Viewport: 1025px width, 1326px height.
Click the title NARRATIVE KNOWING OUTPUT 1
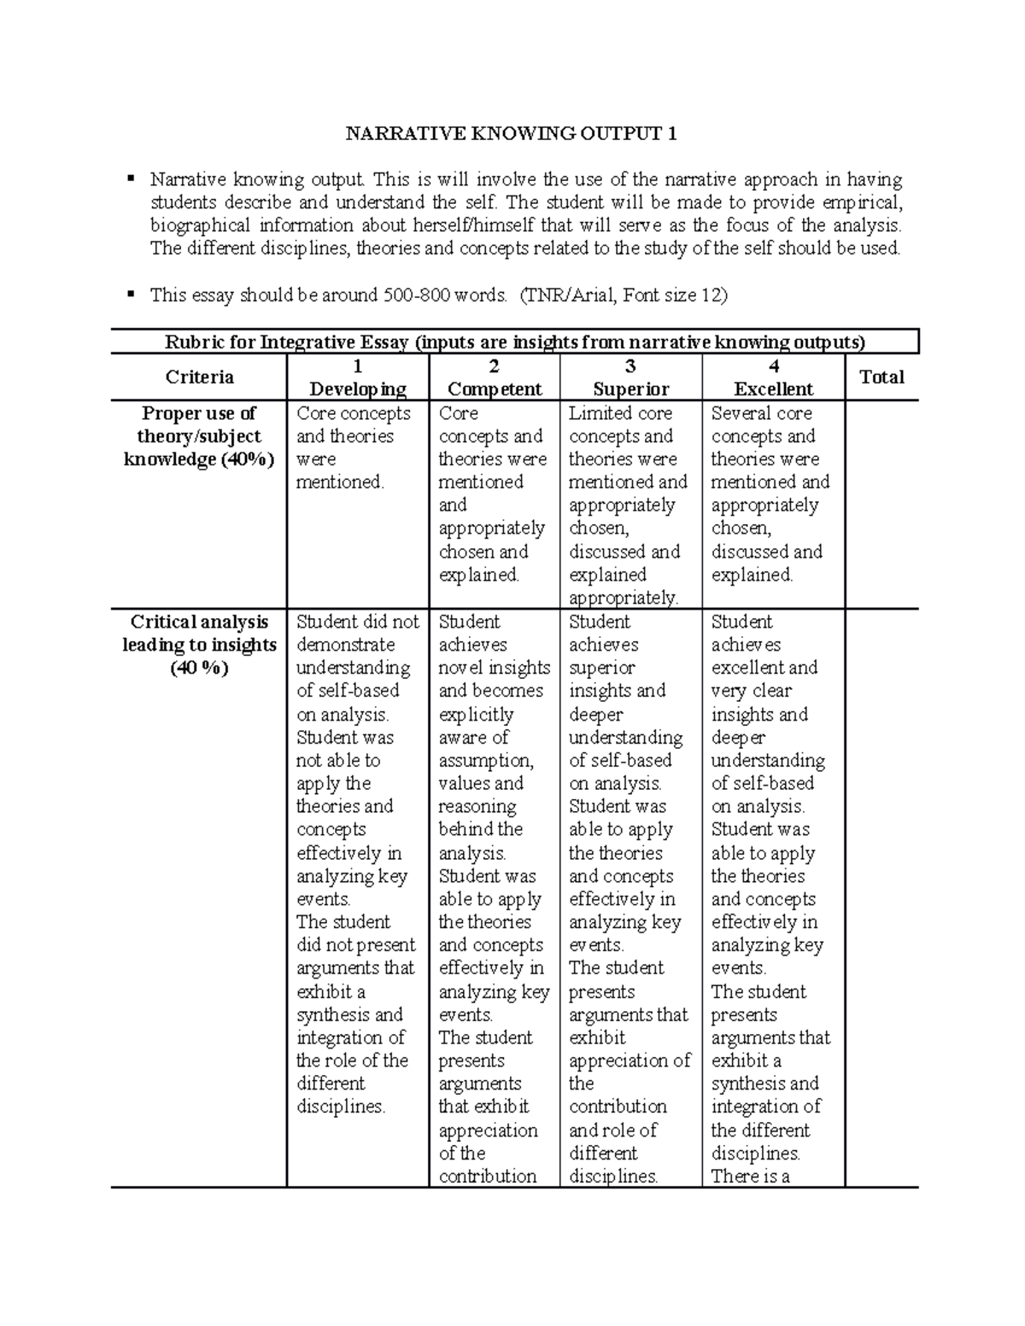511,133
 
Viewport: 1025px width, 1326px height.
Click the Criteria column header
199,377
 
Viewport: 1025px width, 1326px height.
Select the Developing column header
357,378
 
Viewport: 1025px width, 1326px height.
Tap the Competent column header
494,378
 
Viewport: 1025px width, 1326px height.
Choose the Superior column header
630,378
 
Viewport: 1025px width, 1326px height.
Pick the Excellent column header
773,378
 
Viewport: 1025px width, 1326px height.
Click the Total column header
881,377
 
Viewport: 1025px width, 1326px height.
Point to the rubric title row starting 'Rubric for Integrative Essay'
514,342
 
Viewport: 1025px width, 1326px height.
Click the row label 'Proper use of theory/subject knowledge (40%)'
199,436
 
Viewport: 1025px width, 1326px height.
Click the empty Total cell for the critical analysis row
881,897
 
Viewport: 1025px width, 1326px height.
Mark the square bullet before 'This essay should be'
130,295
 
